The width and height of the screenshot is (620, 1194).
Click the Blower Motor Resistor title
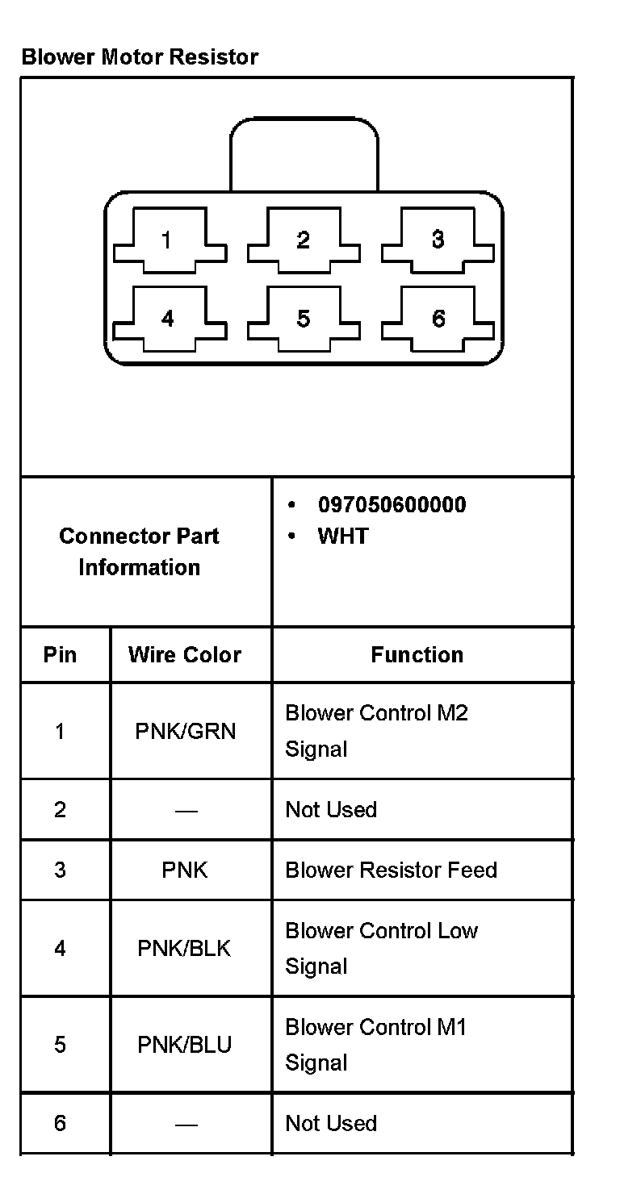[x=140, y=57]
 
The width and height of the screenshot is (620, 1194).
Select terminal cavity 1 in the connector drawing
[x=167, y=240]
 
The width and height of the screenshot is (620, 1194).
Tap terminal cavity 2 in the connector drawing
[x=303, y=240]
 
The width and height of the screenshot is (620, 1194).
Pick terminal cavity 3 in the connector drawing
[x=438, y=240]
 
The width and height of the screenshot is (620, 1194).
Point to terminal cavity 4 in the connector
[x=167, y=319]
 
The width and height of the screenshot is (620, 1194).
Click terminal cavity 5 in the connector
[x=303, y=319]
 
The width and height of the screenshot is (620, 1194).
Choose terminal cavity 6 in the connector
[x=438, y=319]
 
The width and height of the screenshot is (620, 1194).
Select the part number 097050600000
[x=392, y=505]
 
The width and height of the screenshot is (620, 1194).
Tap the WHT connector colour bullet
[x=342, y=536]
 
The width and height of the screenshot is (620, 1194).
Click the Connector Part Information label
[x=139, y=552]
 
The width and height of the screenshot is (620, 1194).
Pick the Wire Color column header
[x=184, y=654]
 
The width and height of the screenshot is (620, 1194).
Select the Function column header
[x=417, y=654]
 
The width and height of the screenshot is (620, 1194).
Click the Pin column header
[x=60, y=654]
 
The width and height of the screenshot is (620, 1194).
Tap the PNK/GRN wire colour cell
[x=186, y=732]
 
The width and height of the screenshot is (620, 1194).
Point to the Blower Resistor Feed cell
[x=391, y=870]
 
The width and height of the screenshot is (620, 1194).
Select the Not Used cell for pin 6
[x=331, y=1123]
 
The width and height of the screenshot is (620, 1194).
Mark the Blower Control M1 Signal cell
[x=375, y=1045]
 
